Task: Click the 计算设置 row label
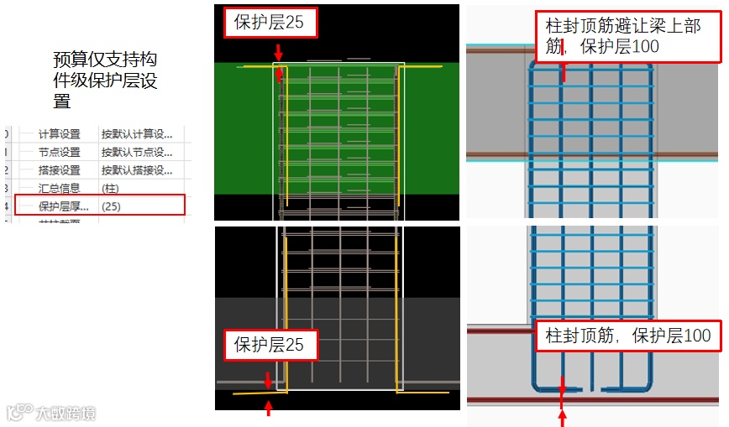(x=59, y=134)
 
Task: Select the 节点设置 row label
(x=59, y=153)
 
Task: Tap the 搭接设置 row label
(x=59, y=170)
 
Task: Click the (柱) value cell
(x=110, y=189)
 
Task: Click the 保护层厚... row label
(x=64, y=206)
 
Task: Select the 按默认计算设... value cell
(x=137, y=134)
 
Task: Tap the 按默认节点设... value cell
(x=137, y=153)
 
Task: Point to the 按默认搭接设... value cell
(x=137, y=170)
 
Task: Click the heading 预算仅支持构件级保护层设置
(x=105, y=80)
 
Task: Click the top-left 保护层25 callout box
(x=270, y=23)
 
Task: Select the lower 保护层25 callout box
(x=270, y=344)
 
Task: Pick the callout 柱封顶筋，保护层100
(x=628, y=336)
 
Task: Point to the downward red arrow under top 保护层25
(x=278, y=51)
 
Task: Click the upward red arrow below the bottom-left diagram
(x=269, y=409)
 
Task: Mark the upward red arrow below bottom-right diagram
(x=562, y=417)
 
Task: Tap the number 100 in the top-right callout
(x=645, y=48)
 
